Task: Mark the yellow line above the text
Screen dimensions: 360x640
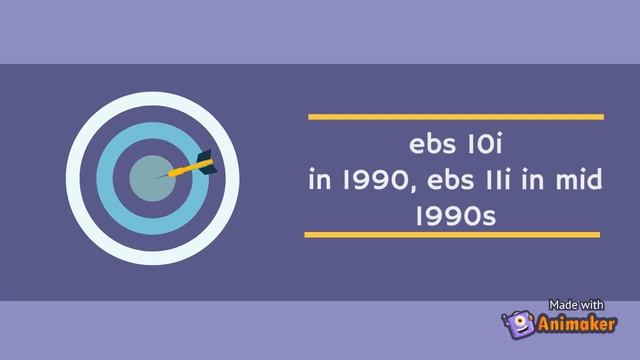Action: pos(455,117)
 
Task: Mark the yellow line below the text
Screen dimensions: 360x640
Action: pos(452,235)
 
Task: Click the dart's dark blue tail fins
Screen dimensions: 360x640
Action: pos(206,161)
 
